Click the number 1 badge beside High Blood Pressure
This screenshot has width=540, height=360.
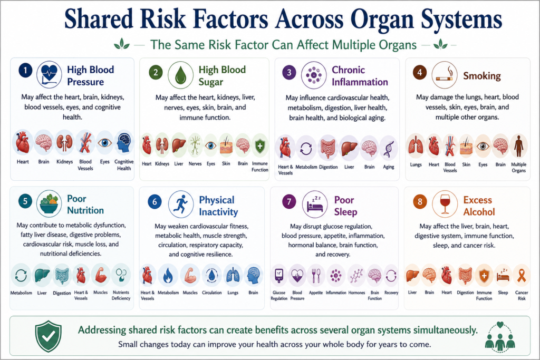(x=25, y=71)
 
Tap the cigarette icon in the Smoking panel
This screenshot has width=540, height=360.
(x=445, y=75)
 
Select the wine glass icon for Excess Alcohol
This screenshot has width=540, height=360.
(x=445, y=204)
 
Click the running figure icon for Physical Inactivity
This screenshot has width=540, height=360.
(x=181, y=204)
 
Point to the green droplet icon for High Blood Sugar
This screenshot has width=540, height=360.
(x=180, y=75)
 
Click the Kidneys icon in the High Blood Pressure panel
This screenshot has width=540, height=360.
(x=64, y=143)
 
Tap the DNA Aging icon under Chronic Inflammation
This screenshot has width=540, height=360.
(x=389, y=149)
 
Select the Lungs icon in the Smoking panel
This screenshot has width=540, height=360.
(x=416, y=145)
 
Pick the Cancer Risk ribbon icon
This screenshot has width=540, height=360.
(x=522, y=275)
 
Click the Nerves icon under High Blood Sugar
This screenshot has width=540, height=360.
(x=195, y=145)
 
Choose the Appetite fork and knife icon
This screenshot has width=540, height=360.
(x=316, y=275)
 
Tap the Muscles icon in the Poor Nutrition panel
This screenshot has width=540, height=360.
(x=101, y=275)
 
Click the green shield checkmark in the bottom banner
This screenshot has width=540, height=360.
(x=48, y=336)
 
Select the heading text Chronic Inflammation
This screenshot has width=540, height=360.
(x=360, y=76)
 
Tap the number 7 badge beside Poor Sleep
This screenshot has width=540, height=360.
(x=289, y=201)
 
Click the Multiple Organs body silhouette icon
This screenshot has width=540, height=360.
(x=518, y=146)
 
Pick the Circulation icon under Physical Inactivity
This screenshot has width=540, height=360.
(x=212, y=275)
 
